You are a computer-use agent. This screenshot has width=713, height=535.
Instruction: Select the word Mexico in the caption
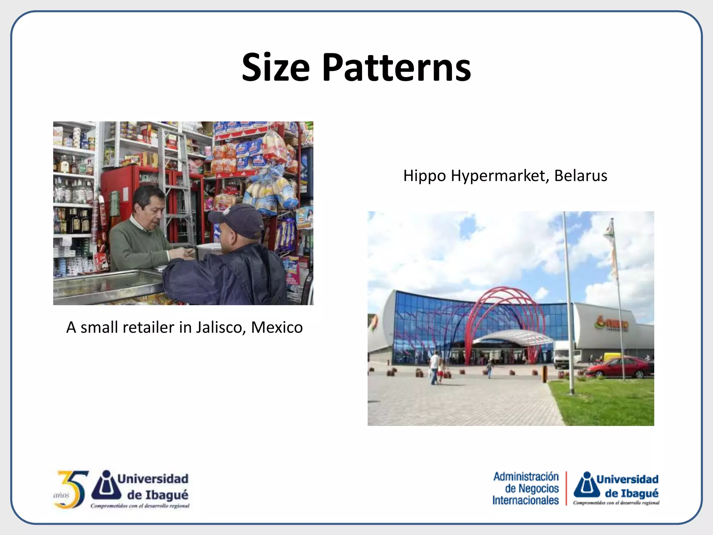[277, 327]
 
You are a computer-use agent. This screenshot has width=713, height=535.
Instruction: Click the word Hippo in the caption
[424, 176]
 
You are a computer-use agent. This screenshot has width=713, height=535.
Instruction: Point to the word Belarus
[580, 176]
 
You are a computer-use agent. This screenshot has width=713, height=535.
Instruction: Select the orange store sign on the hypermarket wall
[611, 324]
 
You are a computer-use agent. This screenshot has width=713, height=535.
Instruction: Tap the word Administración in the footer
[526, 476]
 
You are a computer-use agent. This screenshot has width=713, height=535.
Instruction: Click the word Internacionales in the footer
[525, 501]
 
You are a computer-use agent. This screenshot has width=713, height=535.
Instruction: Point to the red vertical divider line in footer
[566, 488]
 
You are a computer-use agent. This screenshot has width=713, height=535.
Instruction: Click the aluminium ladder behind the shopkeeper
[178, 181]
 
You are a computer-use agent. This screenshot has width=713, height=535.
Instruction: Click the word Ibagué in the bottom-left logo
[167, 495]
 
